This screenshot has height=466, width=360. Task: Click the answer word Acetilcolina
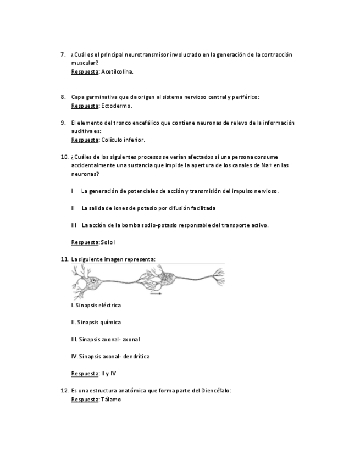coord(117,71)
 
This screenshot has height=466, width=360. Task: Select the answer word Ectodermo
coord(117,106)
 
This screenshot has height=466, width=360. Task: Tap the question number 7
coord(63,54)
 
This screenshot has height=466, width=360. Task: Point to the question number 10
coord(64,157)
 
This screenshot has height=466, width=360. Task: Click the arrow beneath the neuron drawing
coord(156,293)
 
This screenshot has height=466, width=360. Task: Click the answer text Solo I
coord(108,242)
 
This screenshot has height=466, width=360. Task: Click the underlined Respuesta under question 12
coord(85,400)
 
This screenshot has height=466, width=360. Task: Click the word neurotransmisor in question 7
coord(146,54)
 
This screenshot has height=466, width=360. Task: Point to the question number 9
coord(63,123)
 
